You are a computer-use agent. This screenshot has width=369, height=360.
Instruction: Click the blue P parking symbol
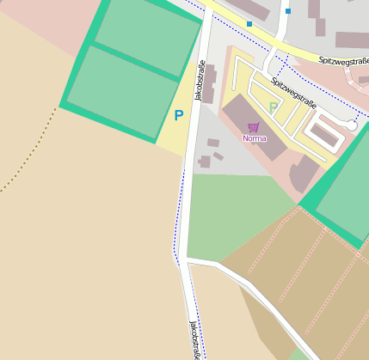coord(179,115)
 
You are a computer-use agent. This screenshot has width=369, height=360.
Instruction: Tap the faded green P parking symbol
coord(274,107)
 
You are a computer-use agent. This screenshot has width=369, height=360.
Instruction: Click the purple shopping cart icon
coord(253,127)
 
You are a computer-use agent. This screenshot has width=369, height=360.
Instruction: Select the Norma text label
coord(254,138)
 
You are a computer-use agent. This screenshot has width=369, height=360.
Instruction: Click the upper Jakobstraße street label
coord(200,81)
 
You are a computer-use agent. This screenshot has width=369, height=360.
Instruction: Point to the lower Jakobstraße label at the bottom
coord(196,340)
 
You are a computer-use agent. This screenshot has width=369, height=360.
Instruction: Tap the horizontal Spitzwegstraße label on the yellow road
coord(342,62)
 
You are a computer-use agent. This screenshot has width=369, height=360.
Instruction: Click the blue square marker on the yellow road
coord(249,24)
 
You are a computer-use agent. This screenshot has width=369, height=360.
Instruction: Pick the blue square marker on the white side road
coord(288,11)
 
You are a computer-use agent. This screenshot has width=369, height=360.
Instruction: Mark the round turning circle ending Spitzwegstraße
coord(351,125)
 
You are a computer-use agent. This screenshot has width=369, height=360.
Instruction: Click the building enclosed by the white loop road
coord(325,134)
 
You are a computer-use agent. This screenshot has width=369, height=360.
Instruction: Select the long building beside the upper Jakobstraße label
coord(210,83)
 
